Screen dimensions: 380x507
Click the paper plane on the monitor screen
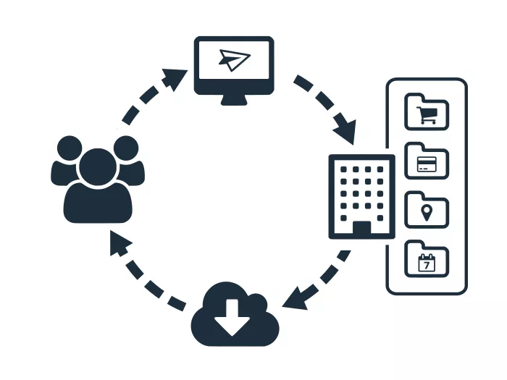tap(232, 61)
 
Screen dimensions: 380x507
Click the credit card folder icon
tap(427, 161)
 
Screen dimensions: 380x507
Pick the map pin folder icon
tap(427, 211)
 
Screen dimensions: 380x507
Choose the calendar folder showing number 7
tap(427, 260)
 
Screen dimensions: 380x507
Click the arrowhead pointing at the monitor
tap(176, 77)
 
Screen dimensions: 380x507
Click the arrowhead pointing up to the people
tap(120, 245)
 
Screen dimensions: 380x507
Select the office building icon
tap(361, 196)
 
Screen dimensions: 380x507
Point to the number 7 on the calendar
tap(427, 266)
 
